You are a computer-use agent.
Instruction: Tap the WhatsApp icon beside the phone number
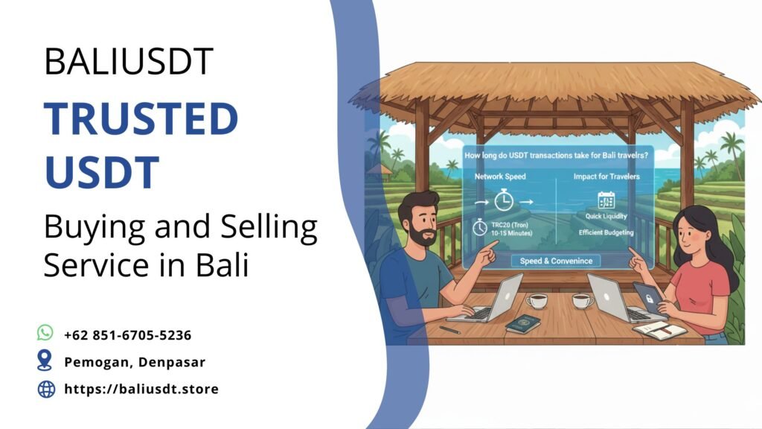(46, 333)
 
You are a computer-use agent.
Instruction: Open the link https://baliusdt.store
(141, 389)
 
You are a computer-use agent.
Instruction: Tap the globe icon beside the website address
(46, 389)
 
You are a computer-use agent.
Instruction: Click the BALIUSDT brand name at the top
(129, 61)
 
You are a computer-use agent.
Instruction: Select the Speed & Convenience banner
(556, 261)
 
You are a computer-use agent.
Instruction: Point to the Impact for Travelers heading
(606, 177)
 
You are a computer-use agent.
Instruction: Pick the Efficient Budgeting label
(606, 233)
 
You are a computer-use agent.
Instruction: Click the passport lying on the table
(523, 323)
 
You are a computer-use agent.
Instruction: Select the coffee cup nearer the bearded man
(536, 300)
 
